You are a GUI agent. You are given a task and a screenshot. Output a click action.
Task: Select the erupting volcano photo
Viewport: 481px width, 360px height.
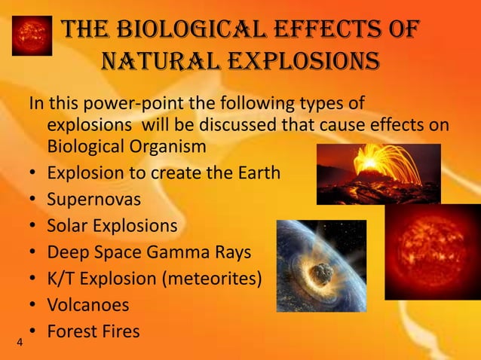[x=378, y=174]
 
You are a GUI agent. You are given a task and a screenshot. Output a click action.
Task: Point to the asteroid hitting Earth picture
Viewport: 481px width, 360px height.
[x=321, y=265]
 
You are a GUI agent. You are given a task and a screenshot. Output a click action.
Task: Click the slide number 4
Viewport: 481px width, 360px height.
[x=19, y=343]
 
